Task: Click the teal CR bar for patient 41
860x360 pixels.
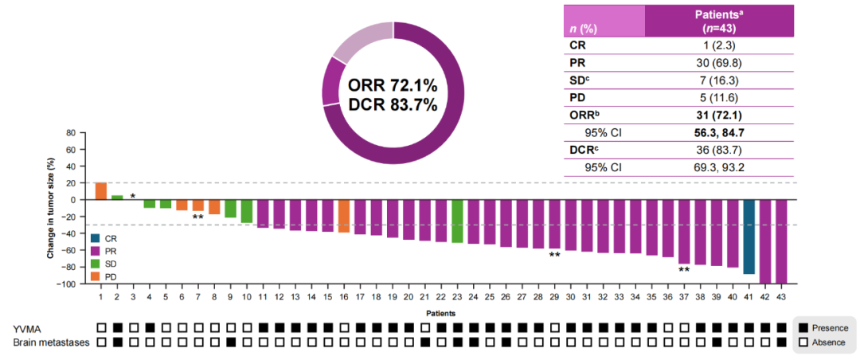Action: [749, 237]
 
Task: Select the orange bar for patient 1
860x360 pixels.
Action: [101, 191]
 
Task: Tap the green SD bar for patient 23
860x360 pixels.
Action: [458, 221]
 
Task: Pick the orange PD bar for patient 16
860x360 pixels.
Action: [344, 215]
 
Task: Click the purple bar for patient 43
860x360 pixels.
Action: [781, 241]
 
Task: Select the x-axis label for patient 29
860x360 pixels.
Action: [554, 296]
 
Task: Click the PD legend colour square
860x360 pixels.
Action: [96, 276]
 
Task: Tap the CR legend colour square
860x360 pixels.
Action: [96, 238]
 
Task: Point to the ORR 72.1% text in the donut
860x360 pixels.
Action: [393, 85]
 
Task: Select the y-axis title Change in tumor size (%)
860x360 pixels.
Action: [50, 208]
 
